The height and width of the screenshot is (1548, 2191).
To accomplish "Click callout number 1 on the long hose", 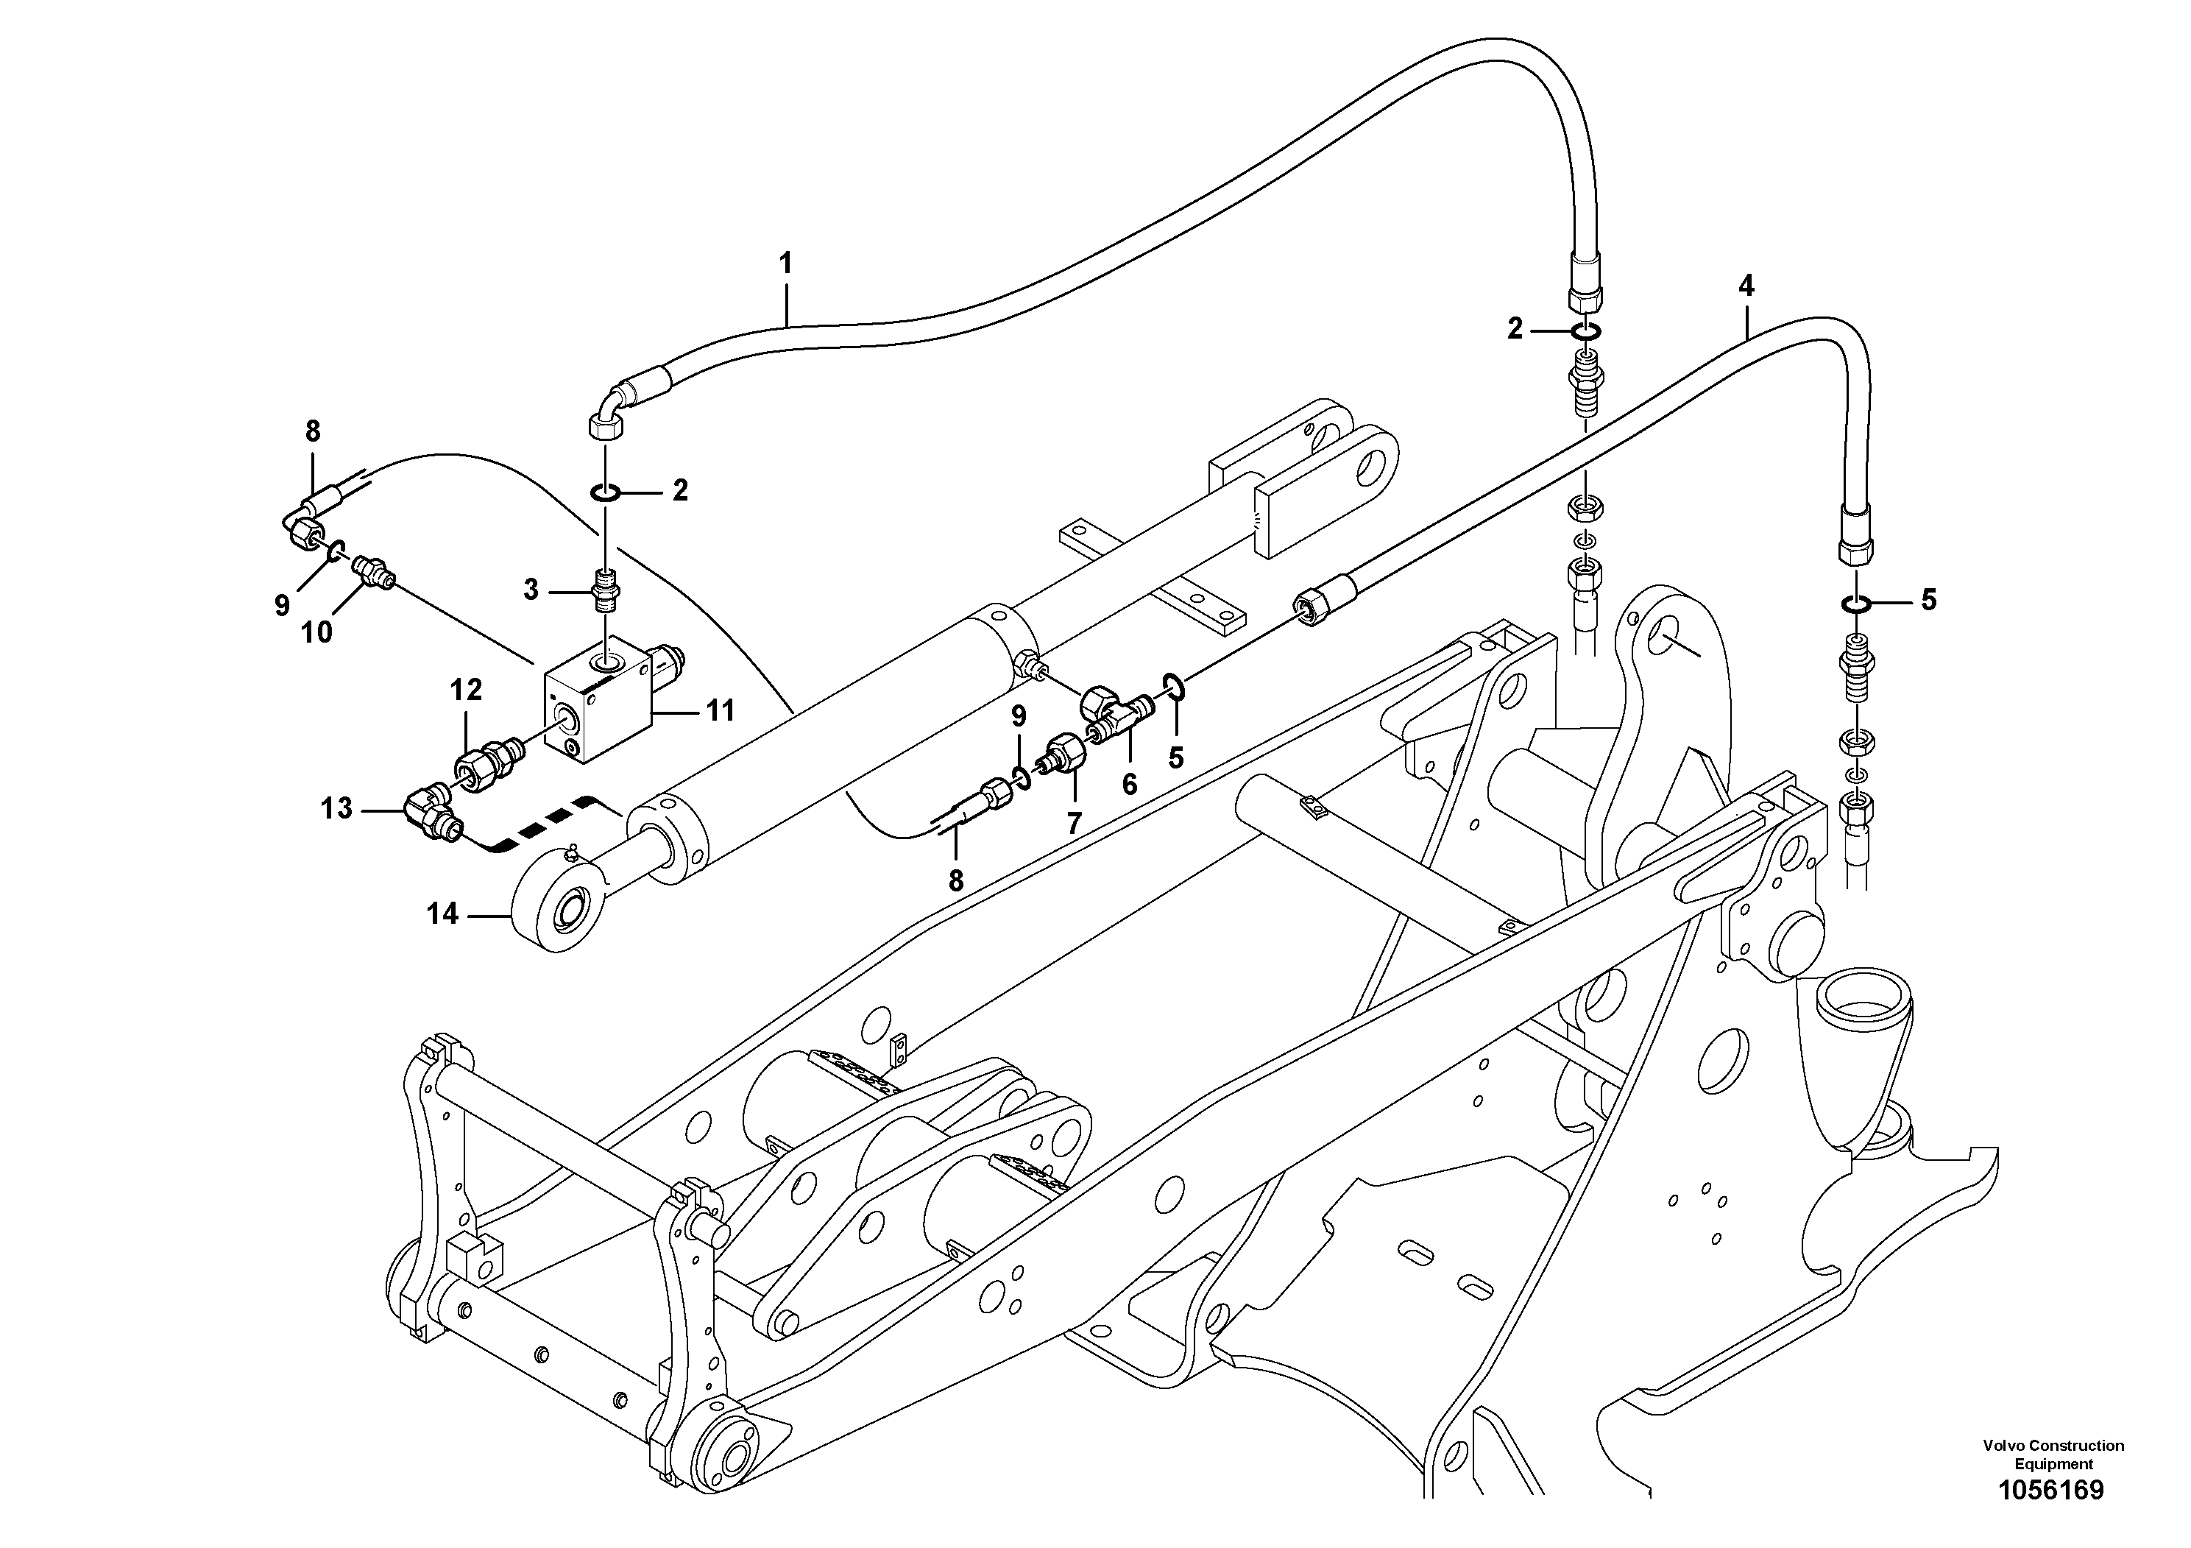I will coord(785,264).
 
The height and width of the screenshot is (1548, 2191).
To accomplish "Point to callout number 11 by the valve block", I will coord(721,710).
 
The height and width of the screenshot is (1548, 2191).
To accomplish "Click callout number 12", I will coord(466,689).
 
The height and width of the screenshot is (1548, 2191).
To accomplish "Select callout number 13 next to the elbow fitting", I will coord(336,808).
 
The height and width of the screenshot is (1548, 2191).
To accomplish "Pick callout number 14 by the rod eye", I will coord(442,914).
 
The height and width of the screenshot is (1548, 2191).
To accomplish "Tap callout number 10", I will coord(316,632).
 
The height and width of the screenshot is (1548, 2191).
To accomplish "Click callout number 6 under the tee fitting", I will coord(1129,785).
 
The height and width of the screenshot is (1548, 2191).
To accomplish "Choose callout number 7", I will coord(1074,823).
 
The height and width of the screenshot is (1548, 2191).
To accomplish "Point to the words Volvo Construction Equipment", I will coord(2053,1455).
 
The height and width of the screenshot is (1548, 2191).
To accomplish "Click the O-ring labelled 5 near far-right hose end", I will coord(1853,602).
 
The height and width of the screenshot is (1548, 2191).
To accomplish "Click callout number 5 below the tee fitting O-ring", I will coord(1175,757).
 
